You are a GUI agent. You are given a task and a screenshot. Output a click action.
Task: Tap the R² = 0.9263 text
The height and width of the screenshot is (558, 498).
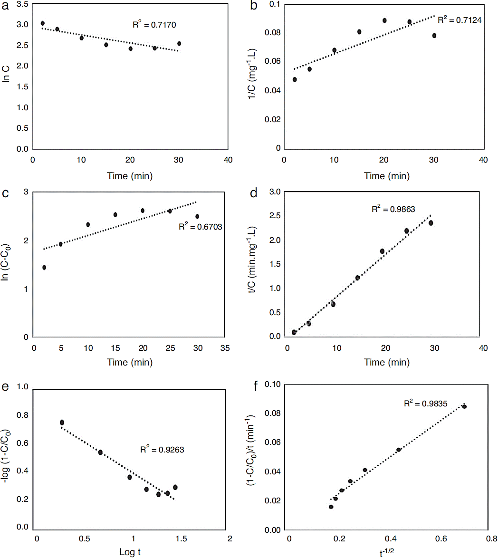point(162,449)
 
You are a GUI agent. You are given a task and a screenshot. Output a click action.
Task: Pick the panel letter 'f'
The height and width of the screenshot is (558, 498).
point(257,385)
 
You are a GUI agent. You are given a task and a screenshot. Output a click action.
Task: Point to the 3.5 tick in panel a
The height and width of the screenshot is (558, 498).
point(21,4)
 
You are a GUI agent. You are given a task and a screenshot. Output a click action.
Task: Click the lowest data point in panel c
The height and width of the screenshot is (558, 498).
point(44,268)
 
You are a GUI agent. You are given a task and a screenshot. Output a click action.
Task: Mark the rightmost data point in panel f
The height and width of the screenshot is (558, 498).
point(464,406)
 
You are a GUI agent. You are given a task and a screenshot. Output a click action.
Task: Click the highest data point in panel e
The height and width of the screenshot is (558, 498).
point(62,423)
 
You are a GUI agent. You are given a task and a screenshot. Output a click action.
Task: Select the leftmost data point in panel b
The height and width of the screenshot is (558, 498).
point(295,79)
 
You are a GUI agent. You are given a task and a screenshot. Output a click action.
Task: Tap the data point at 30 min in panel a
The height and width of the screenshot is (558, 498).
point(179,44)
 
